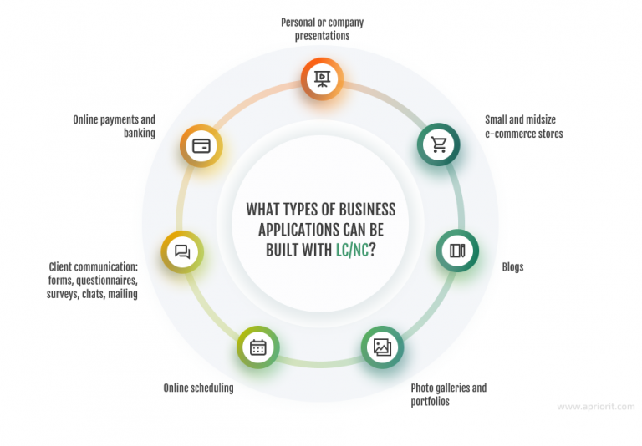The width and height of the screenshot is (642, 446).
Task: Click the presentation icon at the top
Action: pyautogui.click(x=321, y=79)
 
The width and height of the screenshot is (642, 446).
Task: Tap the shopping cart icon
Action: pyautogui.click(x=438, y=144)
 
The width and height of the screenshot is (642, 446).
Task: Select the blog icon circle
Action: pyautogui.click(x=457, y=251)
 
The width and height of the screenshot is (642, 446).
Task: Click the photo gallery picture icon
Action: pyautogui.click(x=382, y=347)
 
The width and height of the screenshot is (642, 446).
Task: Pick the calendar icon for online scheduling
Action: pyautogui.click(x=257, y=347)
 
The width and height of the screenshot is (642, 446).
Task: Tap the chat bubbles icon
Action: pyautogui.click(x=182, y=251)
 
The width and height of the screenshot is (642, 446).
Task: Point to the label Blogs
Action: pyautogui.click(x=512, y=267)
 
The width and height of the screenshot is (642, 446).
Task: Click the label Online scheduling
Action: pyautogui.click(x=198, y=388)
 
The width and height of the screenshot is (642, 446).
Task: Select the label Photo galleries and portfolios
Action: pyautogui.click(x=448, y=394)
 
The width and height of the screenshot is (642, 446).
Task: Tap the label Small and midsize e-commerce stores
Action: pyautogui.click(x=524, y=126)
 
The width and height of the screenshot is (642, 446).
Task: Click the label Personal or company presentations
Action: pyautogui.click(x=322, y=29)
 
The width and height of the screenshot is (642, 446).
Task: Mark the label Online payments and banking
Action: pyautogui.click(x=114, y=126)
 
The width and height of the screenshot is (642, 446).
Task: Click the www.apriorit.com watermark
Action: pyautogui.click(x=595, y=407)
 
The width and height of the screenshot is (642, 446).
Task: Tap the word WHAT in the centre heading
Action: pyautogui.click(x=263, y=209)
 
